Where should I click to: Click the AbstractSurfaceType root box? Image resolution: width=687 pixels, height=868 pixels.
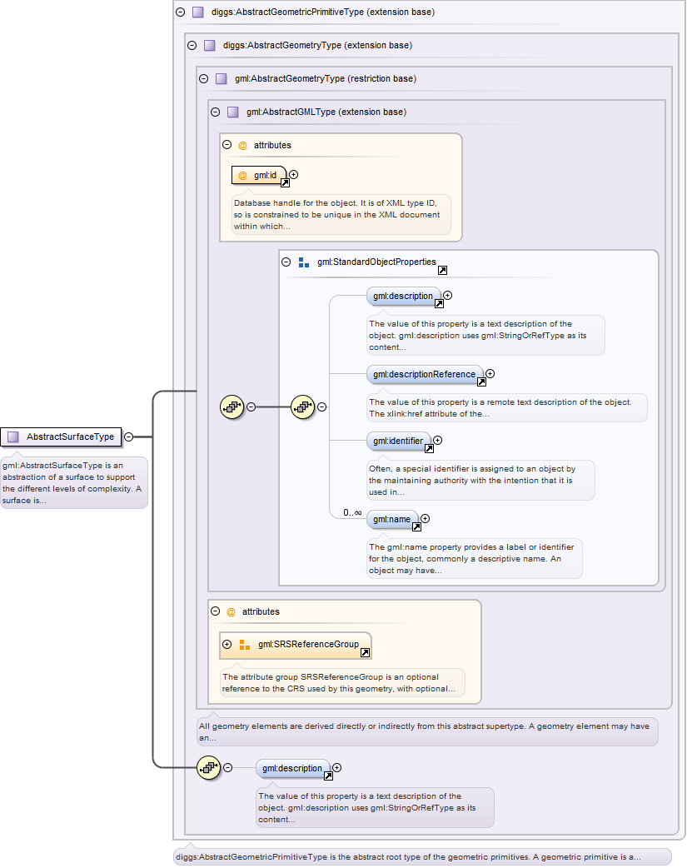[62, 436]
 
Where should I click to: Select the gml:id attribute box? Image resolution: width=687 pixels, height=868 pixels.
[259, 175]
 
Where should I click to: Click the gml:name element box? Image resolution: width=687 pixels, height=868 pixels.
[392, 519]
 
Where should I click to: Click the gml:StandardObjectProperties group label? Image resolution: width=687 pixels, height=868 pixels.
[376, 262]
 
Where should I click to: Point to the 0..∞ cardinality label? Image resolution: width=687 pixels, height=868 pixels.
[352, 512]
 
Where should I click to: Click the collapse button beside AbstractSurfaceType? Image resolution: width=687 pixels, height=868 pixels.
[129, 436]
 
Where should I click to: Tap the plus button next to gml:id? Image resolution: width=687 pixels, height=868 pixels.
[293, 175]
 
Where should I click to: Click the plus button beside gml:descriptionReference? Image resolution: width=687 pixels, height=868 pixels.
[490, 374]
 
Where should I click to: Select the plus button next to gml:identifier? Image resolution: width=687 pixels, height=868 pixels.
[437, 441]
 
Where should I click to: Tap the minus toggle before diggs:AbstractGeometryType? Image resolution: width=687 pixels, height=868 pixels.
[192, 46]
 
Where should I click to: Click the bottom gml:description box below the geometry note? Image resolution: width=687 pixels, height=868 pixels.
[292, 768]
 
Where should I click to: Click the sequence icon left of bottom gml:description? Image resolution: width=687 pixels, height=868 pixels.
[208, 767]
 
